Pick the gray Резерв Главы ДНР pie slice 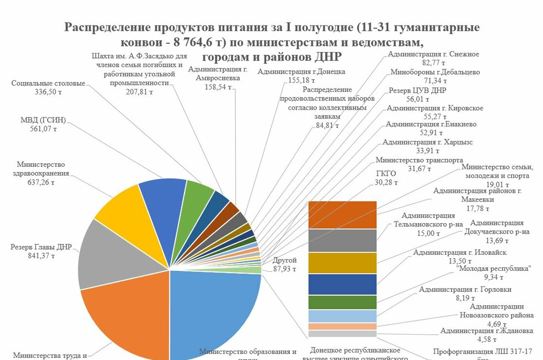pos(111,255)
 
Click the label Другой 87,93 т pos(285,265)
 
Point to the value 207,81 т pos(139,92)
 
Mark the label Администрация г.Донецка pos(301,71)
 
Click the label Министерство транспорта pos(419,160)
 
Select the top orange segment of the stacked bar pos(342,215)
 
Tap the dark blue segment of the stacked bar pos(342,284)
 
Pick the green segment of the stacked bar pos(342,302)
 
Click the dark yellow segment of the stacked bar pos(342,263)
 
